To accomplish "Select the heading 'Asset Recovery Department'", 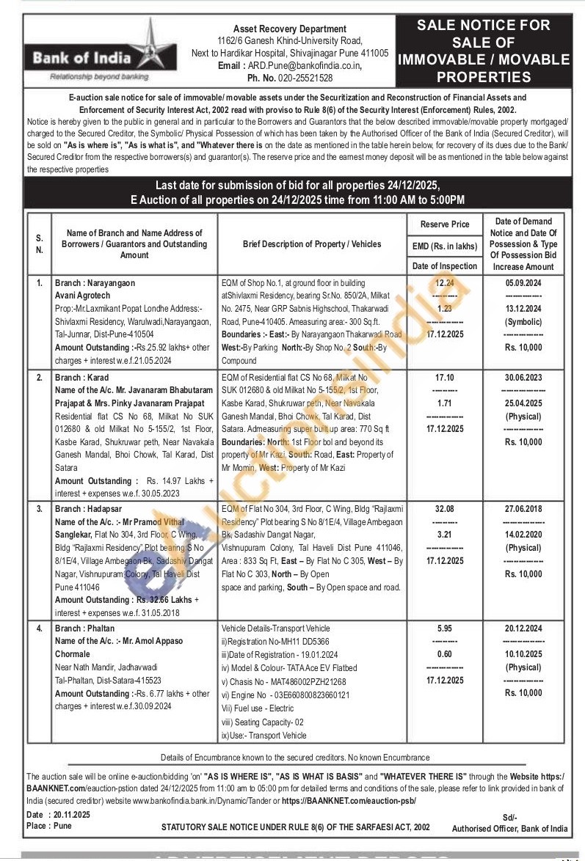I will coord(289,29).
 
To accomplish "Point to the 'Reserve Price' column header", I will coord(445,224).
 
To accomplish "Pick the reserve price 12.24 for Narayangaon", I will coord(445,282).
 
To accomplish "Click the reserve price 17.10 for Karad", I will coord(445,376).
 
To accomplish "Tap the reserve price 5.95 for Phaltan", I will coord(445,629).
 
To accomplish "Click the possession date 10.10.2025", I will coord(523,654).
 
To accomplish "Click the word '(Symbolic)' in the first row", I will coord(523,322).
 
